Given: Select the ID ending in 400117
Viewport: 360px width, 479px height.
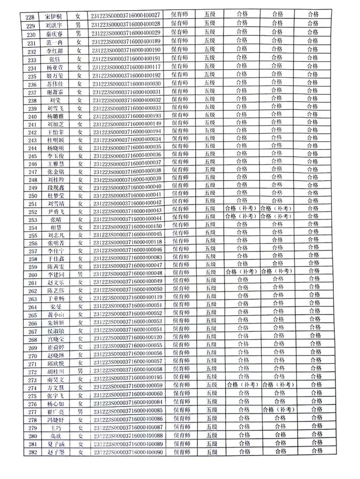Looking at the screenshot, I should point(126,68).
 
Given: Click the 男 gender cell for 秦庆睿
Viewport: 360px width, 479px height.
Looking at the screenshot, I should point(79,33).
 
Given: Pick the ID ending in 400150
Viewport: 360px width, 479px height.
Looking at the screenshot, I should point(127,226).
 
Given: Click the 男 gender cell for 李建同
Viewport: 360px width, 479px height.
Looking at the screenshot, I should point(79,273).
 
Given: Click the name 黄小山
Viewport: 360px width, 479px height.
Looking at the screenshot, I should point(55,314).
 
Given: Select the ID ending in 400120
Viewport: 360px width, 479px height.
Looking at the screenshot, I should point(127,337).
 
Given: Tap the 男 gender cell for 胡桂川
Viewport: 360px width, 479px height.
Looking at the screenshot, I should point(79,369).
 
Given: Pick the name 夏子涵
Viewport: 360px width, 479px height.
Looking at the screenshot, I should point(55,444).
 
